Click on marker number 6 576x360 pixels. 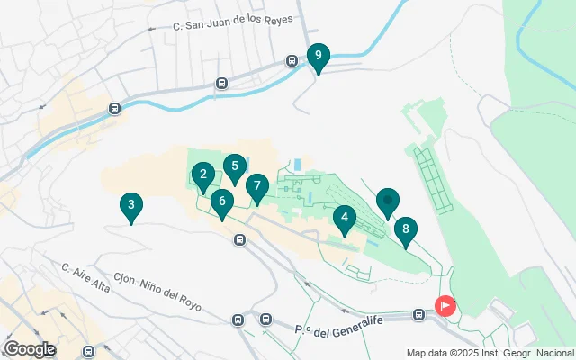point(221,202)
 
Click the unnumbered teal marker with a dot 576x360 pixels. point(387,201)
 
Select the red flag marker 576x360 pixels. point(445,306)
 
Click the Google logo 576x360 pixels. point(30,349)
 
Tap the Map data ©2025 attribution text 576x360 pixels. point(489,353)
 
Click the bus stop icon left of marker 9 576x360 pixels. point(292,61)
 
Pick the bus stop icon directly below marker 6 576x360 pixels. point(239,239)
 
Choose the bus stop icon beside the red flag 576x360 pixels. point(419,314)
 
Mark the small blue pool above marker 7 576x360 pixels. point(297,165)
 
